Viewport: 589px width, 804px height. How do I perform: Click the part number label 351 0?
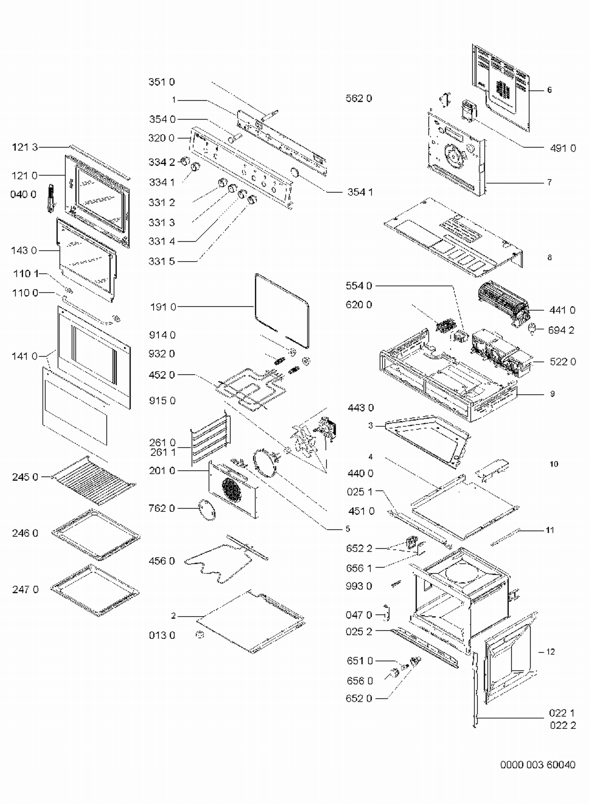tap(161, 82)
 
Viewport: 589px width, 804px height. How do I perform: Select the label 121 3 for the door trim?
tap(25, 147)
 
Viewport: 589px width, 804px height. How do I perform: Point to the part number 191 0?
tap(163, 307)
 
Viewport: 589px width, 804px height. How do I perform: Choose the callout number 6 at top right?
tap(549, 90)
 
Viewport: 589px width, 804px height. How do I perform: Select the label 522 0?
tap(563, 362)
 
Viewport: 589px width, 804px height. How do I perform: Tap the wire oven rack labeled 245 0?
tap(94, 480)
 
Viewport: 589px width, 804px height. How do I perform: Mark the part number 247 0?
tap(25, 589)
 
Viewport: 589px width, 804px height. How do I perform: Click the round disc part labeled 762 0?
tap(207, 509)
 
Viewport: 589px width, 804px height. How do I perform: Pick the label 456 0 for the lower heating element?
tap(161, 561)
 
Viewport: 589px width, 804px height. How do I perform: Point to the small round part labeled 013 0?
tap(200, 634)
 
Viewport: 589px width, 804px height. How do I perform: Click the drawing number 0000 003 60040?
tap(538, 765)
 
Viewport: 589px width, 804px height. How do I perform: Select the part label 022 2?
tap(563, 725)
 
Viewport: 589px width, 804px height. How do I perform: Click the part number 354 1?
tap(360, 192)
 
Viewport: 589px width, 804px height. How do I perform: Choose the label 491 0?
tap(563, 148)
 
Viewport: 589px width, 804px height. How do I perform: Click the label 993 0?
tap(359, 586)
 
